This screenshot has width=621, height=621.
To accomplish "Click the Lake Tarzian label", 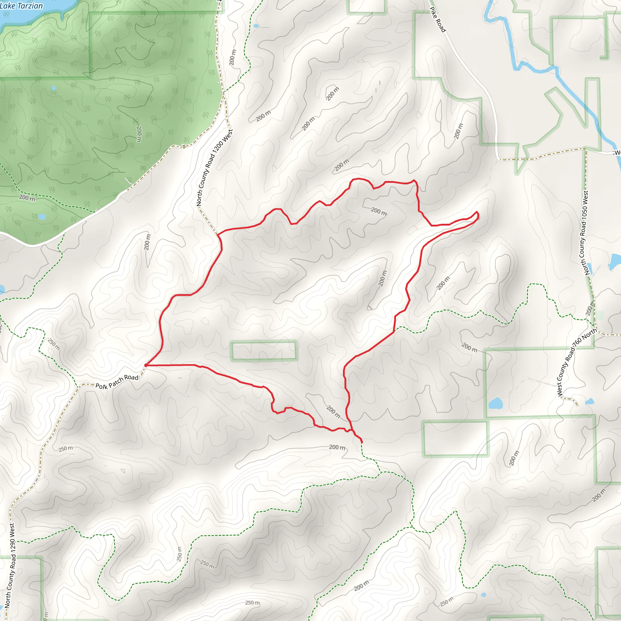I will coord(21,6).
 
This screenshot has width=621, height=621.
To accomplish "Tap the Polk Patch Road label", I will coord(117,381).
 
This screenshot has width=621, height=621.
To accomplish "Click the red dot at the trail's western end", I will coord(146,365).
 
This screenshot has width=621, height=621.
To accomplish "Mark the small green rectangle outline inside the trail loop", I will coord(264,351).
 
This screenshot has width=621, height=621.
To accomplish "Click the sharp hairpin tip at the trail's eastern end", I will coord(477,213).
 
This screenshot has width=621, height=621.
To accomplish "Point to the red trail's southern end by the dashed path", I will coord(362,442).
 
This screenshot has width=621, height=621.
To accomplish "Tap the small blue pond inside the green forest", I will coord(54,88).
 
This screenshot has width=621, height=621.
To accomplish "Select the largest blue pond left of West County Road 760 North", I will coord(496,403).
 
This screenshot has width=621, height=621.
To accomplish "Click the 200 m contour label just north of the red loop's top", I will coord(341,165).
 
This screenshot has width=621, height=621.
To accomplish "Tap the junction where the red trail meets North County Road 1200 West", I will coord(218,235).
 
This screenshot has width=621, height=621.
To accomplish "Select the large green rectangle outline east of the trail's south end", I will coord(455,439).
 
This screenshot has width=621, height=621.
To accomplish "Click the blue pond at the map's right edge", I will coord(615,262).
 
